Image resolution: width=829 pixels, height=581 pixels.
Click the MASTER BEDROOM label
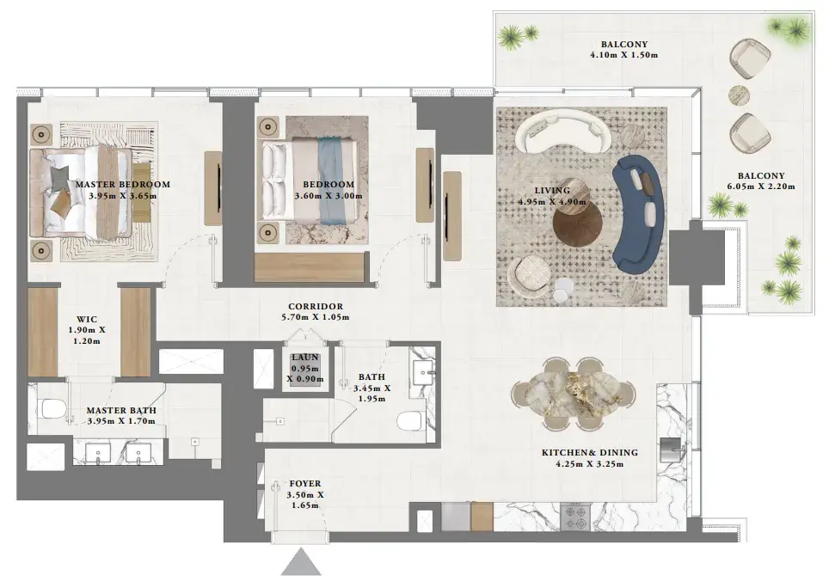click(x=123, y=184)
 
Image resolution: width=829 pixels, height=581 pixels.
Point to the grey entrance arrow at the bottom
click(x=301, y=562)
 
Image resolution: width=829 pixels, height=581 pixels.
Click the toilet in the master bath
click(x=52, y=408)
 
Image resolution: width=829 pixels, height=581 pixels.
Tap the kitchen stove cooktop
click(x=575, y=517)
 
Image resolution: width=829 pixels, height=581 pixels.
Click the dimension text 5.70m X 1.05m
click(x=315, y=317)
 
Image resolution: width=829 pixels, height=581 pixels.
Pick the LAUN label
click(x=305, y=358)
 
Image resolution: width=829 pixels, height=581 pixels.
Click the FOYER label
click(x=305, y=483)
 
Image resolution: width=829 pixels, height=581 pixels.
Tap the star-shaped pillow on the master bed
click(x=59, y=177)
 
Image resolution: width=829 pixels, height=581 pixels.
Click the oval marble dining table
click(x=574, y=394)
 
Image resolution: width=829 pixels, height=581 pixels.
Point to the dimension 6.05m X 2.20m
click(x=761, y=187)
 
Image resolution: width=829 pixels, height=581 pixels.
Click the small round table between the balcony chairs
click(x=739, y=95)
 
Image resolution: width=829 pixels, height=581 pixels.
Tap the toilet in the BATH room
click(x=411, y=421)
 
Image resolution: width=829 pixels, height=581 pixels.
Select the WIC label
click(x=87, y=319)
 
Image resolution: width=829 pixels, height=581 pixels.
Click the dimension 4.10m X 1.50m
click(x=623, y=55)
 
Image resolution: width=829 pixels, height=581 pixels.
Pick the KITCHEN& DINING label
click(x=589, y=453)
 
